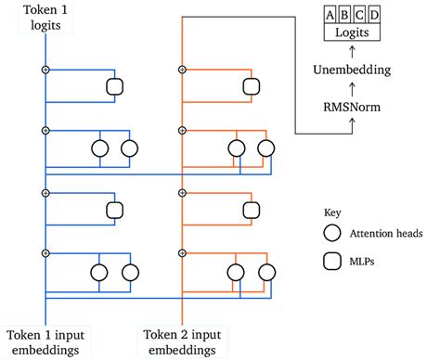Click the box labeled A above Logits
(x=330, y=14)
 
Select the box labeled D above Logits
(x=373, y=14)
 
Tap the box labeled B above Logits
(x=344, y=14)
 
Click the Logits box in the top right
(x=352, y=32)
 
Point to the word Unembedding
(x=352, y=70)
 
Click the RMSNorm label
(x=352, y=108)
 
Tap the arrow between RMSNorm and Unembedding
(x=352, y=89)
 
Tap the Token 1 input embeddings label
(x=44, y=341)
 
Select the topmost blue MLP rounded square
(x=115, y=86)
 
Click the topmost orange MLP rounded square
(x=252, y=86)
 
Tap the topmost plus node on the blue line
(x=45, y=70)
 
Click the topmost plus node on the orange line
(x=181, y=70)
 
